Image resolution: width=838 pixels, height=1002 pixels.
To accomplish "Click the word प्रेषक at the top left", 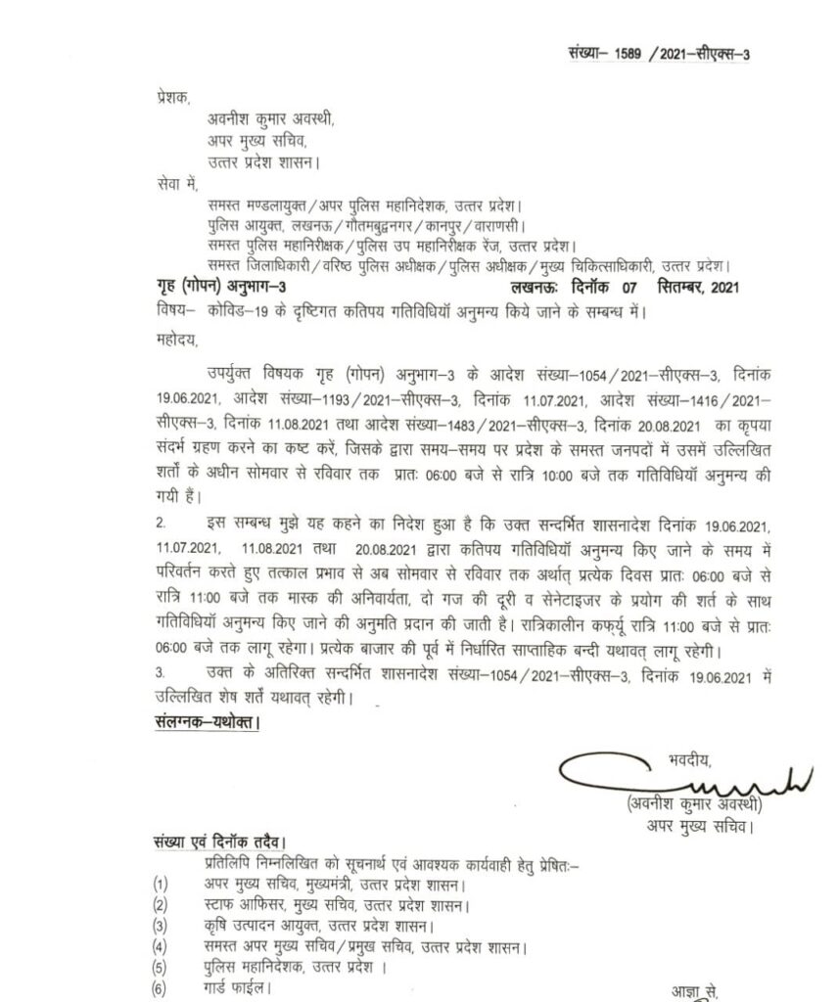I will click(149, 99).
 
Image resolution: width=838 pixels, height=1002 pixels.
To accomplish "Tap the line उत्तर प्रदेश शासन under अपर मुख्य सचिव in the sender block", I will click(263, 162).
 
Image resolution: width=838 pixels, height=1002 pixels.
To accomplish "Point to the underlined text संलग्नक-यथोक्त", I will click(196, 723).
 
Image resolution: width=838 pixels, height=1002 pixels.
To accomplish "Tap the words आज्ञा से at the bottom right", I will click(695, 990).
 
